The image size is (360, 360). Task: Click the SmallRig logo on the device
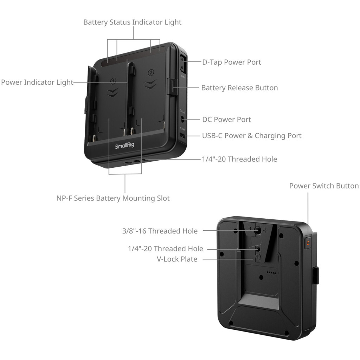tap(124, 146)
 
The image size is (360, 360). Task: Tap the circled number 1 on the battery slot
tap(113, 81)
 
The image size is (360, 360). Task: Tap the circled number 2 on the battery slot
tap(151, 72)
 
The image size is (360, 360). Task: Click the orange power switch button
tap(308, 243)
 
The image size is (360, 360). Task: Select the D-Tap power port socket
tap(182, 64)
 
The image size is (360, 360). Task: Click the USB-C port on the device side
tap(182, 136)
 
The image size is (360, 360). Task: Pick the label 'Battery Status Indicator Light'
tap(132, 22)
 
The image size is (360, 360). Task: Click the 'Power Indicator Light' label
tap(37, 82)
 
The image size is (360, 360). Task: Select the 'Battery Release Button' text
tap(239, 88)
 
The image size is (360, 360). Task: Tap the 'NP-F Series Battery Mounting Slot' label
tap(113, 198)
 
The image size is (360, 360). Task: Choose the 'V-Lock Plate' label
tap(177, 259)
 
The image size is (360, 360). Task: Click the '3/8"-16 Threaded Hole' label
tap(160, 231)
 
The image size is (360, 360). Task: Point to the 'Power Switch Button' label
tap(324, 186)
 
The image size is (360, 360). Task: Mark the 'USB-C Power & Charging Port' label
tap(252, 136)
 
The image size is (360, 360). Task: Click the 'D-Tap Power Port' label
tap(231, 62)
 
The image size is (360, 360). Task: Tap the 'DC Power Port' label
tap(226, 120)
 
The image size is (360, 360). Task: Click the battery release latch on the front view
tap(172, 86)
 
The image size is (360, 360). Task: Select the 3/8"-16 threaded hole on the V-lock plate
tap(258, 232)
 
